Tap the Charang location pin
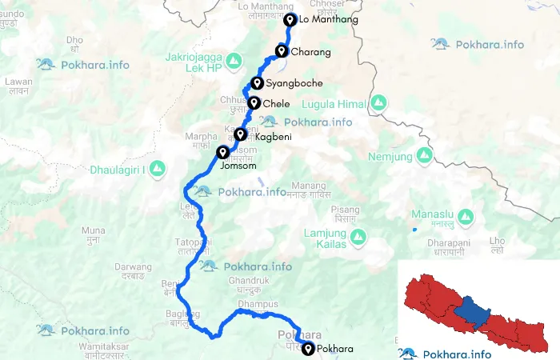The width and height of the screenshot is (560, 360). coord(282,52)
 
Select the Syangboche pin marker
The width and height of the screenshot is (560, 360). coord(257,83)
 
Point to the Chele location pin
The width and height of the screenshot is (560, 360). coord(254,103)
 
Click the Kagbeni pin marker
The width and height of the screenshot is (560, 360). coord(240,135)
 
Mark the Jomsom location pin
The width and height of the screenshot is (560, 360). coord(222,152)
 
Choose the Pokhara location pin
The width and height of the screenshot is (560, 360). coord(308,348)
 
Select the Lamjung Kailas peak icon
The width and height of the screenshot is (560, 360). coord(359,237)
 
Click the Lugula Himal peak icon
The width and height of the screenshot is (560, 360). coord(379,104)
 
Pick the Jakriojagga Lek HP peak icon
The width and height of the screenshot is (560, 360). coord(234,60)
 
